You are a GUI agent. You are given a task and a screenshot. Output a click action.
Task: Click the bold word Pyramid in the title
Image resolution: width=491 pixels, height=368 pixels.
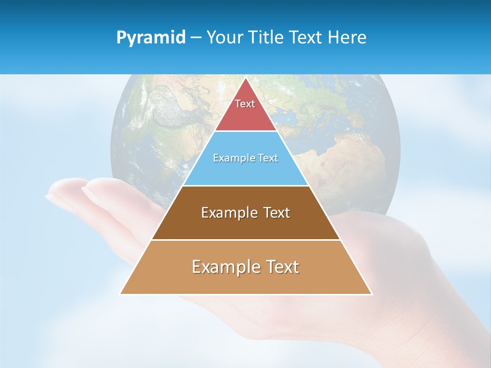(x=151, y=37)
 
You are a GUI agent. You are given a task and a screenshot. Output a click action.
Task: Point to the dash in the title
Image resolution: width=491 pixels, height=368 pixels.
(x=196, y=38)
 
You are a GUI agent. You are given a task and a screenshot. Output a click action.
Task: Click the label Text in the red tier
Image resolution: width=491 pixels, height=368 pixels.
(x=245, y=104)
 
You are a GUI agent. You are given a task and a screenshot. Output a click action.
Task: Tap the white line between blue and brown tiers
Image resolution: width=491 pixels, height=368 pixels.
(x=245, y=186)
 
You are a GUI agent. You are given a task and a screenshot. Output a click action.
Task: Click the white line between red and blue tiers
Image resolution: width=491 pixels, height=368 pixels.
(x=245, y=131)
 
